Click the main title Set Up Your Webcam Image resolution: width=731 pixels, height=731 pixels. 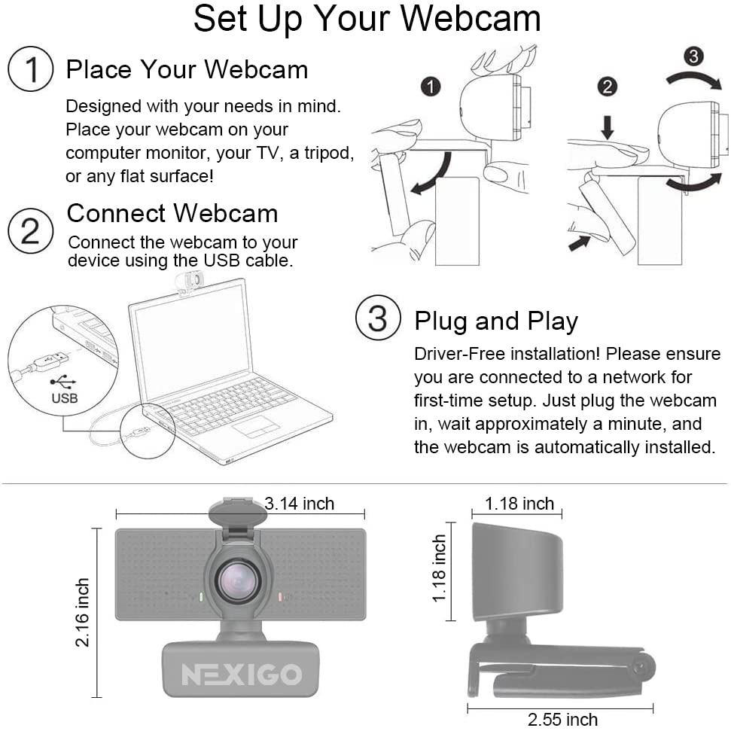[367, 20]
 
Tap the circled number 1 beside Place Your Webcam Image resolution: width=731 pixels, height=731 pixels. [30, 70]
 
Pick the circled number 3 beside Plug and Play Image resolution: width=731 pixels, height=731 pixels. [377, 319]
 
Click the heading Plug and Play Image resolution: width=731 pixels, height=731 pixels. [496, 321]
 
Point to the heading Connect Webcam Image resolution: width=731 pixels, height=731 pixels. [172, 214]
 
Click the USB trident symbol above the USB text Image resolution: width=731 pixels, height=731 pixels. [63, 382]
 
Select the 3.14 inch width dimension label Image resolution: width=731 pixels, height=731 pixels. [299, 504]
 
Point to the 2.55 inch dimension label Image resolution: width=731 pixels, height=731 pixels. [562, 719]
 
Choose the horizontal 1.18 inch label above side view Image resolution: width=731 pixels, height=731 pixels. [519, 504]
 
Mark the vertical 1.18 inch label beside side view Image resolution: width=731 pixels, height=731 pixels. [440, 569]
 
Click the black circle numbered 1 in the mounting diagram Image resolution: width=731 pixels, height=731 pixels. [430, 87]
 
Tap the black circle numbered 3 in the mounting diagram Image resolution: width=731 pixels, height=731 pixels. [696, 56]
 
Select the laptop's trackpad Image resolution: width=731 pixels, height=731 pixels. [256, 427]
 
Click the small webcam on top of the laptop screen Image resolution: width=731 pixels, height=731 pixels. [188, 282]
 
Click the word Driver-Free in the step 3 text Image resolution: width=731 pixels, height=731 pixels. [458, 354]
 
